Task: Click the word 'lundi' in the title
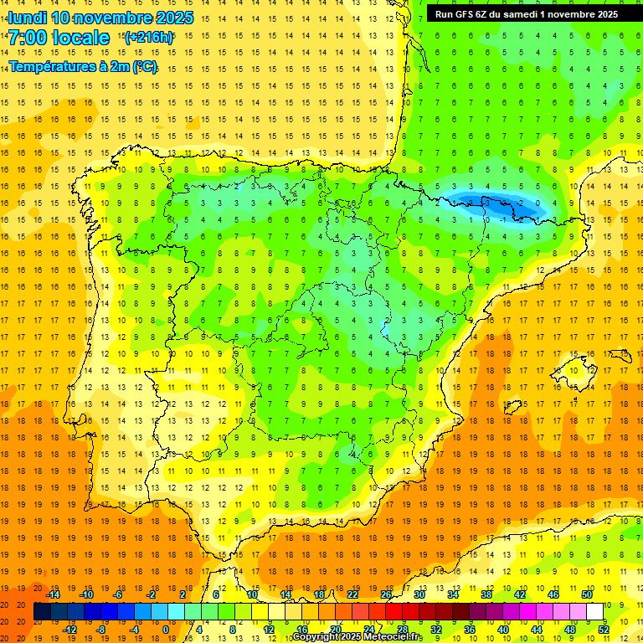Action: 27,18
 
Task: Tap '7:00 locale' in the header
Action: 59,38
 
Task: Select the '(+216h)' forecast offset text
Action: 148,38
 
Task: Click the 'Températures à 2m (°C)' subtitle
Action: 82,67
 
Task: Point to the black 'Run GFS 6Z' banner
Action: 526,13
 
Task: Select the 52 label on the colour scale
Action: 604,630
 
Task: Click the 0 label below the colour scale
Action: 166,630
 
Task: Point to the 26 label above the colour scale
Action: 386,594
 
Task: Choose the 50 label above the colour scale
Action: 587,594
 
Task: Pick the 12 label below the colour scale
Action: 268,630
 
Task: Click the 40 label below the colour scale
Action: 503,630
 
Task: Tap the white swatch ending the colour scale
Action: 595,612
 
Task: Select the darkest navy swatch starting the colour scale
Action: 42,612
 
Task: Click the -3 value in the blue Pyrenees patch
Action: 486,203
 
